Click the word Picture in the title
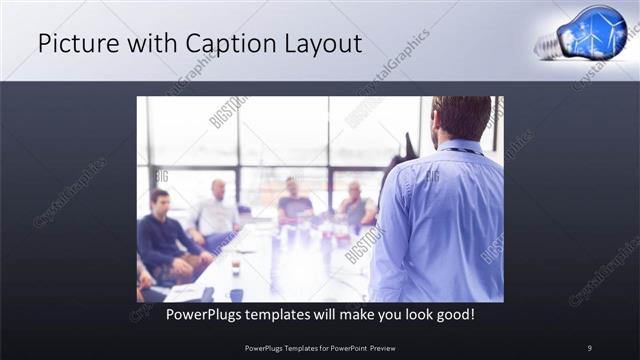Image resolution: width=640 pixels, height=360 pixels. (71, 44)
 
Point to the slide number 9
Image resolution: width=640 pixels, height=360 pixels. (589, 348)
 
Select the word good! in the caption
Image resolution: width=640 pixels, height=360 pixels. (454, 314)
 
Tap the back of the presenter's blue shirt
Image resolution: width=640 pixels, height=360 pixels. (440, 220)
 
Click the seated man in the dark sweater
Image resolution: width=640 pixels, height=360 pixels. (163, 236)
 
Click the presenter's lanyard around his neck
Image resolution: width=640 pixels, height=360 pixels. (463, 151)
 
